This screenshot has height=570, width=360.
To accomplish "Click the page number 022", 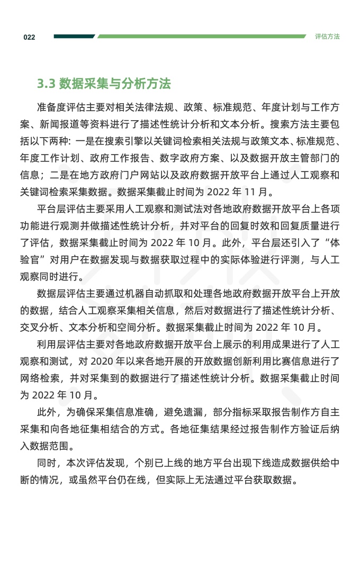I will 29,37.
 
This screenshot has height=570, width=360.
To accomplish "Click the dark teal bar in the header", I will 74,37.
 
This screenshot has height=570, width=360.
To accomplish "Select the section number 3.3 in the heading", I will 46,84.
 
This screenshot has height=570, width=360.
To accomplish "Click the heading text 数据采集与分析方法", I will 115,84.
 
